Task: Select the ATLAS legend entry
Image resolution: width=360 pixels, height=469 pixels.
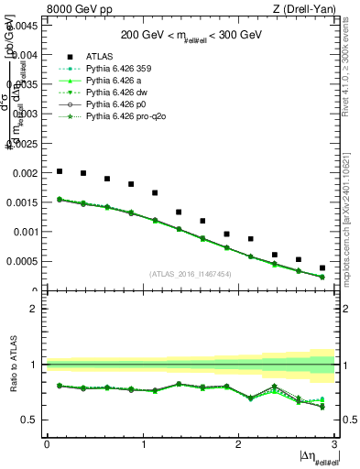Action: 100,56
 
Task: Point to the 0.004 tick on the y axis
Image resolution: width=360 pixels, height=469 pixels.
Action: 26,55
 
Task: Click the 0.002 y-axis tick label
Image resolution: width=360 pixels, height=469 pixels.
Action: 26,173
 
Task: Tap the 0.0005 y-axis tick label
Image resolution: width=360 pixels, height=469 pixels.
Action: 23,261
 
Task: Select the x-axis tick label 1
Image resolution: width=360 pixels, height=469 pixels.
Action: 143,444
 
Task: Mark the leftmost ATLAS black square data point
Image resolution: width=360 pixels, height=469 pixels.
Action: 60,171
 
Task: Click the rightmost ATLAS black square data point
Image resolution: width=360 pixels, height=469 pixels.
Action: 322,268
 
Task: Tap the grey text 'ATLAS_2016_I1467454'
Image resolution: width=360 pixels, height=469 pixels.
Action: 191,274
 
